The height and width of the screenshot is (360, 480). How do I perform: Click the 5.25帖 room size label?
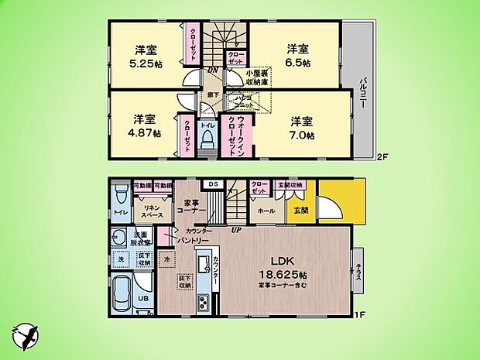(145, 64)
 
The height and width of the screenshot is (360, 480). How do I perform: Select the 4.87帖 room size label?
(145, 132)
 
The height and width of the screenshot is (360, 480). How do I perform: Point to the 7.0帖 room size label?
(303, 135)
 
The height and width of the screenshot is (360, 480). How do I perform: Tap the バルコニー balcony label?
(362, 93)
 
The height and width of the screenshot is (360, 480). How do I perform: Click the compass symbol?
(23, 335)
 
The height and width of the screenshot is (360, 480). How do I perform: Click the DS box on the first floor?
(212, 183)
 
